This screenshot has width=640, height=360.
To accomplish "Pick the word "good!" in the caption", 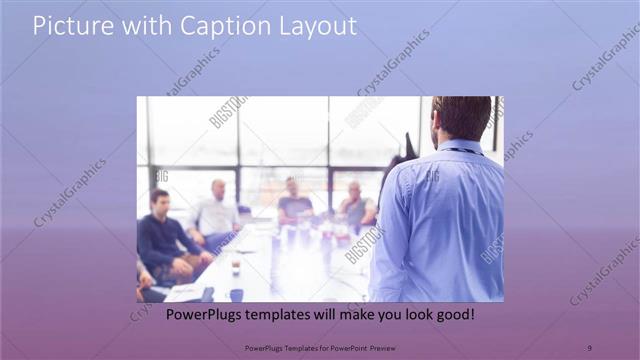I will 449,314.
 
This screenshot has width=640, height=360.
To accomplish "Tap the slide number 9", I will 588,346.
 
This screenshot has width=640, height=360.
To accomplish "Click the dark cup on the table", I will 236,293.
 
